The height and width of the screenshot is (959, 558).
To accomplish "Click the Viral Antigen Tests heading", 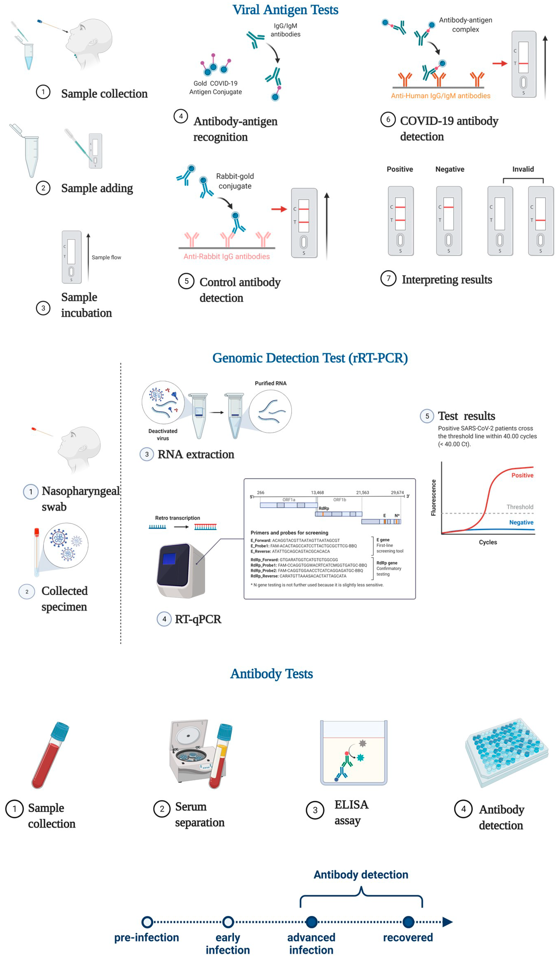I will coord(285,9).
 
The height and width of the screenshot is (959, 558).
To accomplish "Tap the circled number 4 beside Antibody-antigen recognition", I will coord(181,116).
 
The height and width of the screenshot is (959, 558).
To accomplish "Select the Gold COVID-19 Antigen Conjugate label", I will coord(215,88).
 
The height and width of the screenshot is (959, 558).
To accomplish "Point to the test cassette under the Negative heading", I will coord(449,221).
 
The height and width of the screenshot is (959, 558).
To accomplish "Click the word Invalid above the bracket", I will coord(523,169).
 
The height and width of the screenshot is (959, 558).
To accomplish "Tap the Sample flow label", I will coord(106,258).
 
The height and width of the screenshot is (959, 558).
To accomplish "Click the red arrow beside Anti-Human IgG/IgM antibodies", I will coord(499,64).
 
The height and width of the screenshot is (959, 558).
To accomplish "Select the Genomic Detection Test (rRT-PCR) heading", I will coord(310,358).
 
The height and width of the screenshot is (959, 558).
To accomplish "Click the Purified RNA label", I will coord(270,383).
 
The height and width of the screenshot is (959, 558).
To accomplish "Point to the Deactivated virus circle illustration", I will coord(163,403).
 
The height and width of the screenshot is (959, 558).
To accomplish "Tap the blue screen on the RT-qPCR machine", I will coord(169,559).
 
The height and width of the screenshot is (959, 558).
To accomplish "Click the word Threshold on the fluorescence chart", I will coord(519,507).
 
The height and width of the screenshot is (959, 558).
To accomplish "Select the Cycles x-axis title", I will coord(488,542).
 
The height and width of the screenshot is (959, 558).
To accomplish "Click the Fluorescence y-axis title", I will coord(433,498).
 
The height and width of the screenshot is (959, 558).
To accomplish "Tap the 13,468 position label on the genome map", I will coord(317,493).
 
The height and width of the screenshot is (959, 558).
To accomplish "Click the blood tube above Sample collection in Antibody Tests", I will coord(50,755).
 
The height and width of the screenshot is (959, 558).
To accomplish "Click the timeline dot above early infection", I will coord(228,922).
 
